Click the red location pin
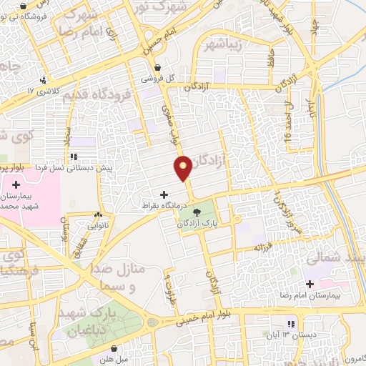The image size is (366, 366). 183,167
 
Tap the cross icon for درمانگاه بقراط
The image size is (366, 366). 164,194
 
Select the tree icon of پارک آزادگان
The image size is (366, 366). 197,210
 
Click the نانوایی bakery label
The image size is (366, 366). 97,224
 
